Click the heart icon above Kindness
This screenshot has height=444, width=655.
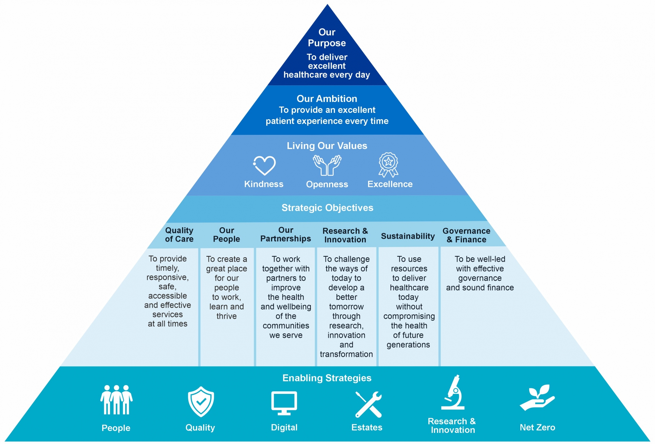click(x=264, y=165)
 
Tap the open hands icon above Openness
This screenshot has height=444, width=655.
click(x=327, y=165)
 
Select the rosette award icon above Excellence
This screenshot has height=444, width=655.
click(x=388, y=164)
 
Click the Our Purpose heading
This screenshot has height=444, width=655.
click(x=327, y=37)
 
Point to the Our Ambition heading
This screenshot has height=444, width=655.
click(x=327, y=99)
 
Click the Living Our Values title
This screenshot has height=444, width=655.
click(x=327, y=146)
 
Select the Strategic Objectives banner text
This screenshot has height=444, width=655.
click(x=327, y=208)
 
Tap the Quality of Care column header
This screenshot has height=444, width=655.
click(x=179, y=234)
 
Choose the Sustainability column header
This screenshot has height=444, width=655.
click(x=408, y=236)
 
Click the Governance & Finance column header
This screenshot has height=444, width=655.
click(x=466, y=235)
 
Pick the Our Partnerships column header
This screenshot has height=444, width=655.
click(x=286, y=234)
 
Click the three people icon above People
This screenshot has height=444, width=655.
click(x=116, y=400)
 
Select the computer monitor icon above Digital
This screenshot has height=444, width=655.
click(x=284, y=403)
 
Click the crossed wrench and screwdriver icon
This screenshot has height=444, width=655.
click(x=368, y=404)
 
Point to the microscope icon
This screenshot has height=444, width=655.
click(x=453, y=393)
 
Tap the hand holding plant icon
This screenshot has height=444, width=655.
click(x=537, y=398)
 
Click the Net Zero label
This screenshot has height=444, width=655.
click(x=537, y=427)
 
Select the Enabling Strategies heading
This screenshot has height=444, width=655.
click(x=327, y=378)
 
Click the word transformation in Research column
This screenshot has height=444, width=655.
click(x=346, y=354)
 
